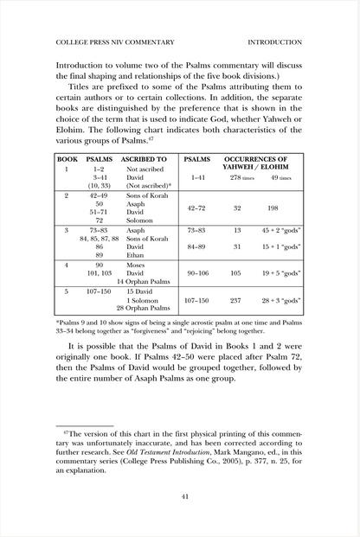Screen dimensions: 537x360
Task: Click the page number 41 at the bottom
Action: pyautogui.click(x=180, y=495)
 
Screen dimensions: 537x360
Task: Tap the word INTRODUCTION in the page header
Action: pyautogui.click(x=274, y=41)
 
